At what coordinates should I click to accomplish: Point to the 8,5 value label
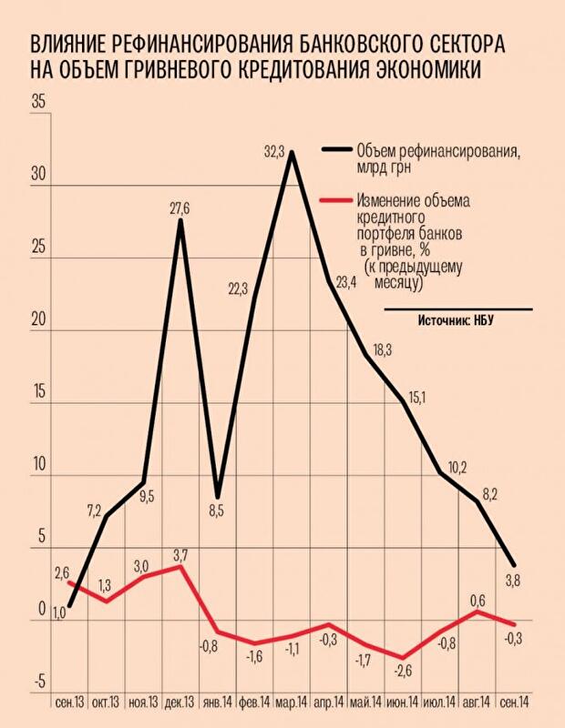coord(216,511)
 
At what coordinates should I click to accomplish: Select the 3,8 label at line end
coord(512,579)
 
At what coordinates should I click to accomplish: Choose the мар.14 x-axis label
coord(289,702)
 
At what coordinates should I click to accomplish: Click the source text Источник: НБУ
coord(461,321)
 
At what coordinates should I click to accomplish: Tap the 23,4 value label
coord(345,281)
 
